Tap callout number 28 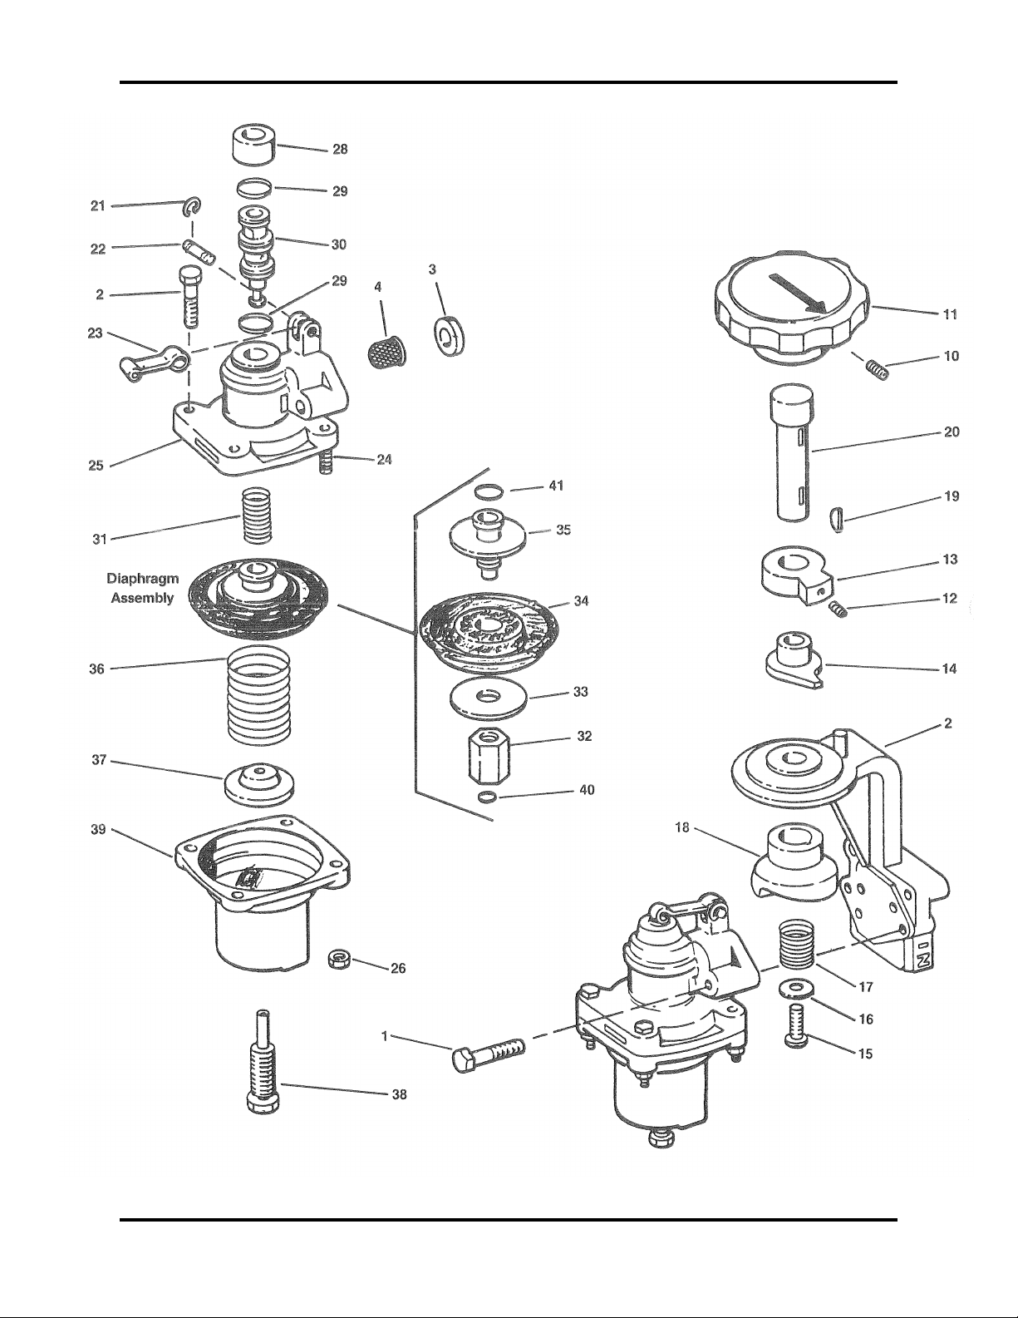pos(340,150)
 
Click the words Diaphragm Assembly pos(143,588)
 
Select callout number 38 pos(399,1095)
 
